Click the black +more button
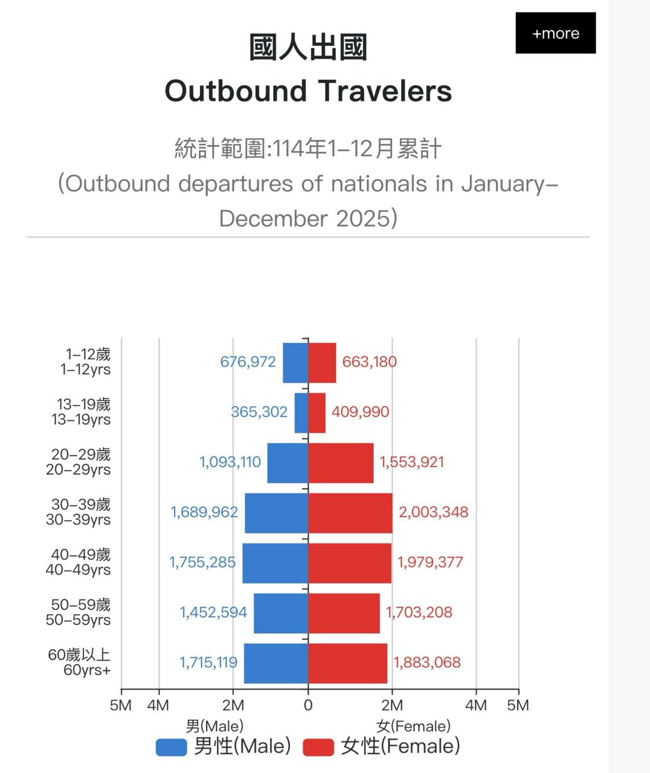(x=555, y=33)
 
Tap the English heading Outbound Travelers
(x=308, y=91)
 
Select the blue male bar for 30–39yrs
(x=276, y=513)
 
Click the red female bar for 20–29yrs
(x=341, y=463)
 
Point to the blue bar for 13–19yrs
(x=301, y=412)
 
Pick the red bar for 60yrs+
(x=347, y=663)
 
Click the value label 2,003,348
(x=433, y=512)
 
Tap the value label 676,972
(x=248, y=362)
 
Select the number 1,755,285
(x=202, y=562)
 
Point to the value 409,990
(x=360, y=412)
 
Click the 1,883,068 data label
(x=427, y=662)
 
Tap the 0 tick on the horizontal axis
(x=308, y=705)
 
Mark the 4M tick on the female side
(x=476, y=705)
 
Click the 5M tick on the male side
(x=121, y=705)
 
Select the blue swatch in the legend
(x=171, y=747)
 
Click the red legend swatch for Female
(x=318, y=747)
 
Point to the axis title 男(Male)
(x=214, y=725)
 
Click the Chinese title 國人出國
(x=308, y=48)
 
